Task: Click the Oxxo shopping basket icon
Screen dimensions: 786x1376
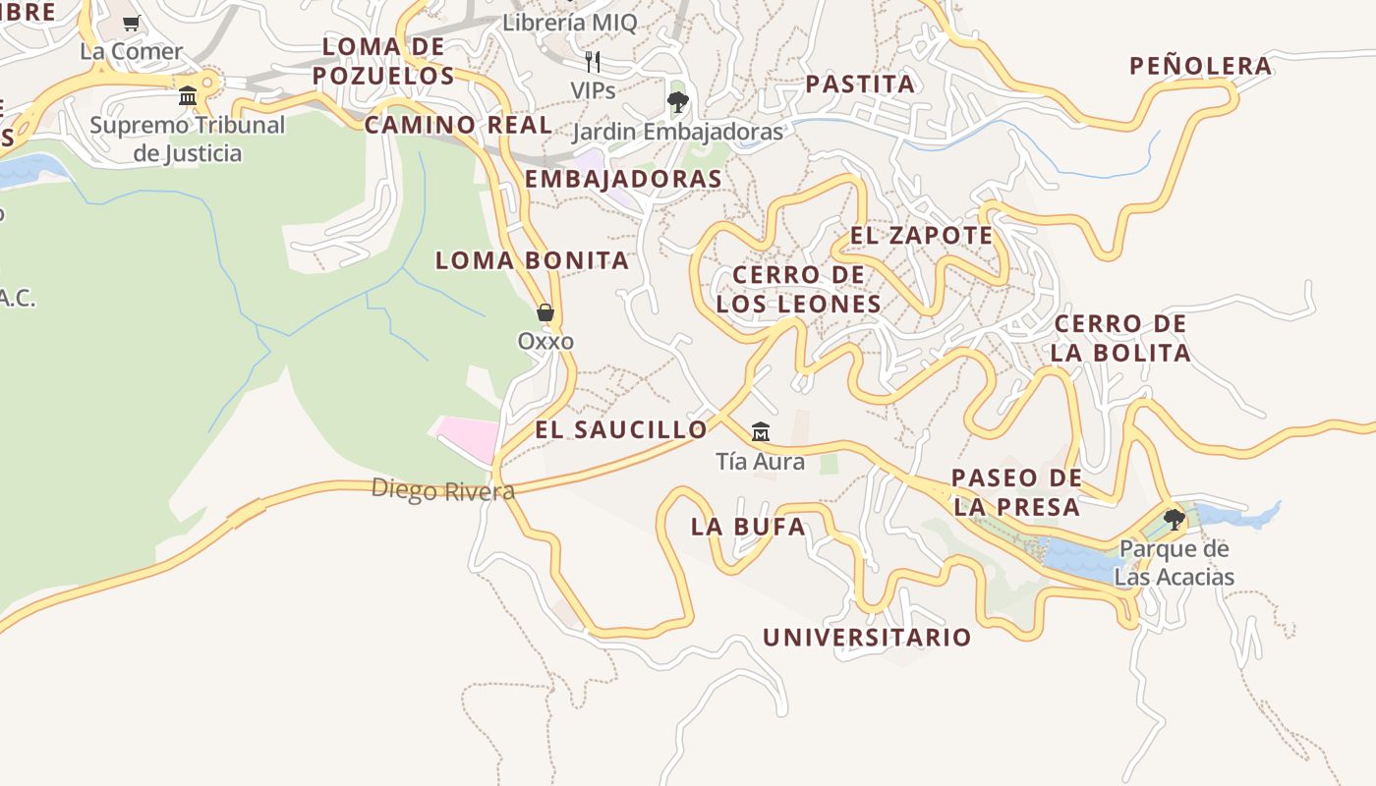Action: click(545, 313)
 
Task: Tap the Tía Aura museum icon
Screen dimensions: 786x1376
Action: click(760, 432)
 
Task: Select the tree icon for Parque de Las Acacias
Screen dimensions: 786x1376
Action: click(1174, 519)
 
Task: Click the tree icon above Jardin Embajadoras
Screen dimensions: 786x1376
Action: click(677, 101)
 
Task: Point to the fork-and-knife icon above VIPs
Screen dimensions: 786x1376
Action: click(593, 62)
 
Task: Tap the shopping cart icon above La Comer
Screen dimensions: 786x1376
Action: click(132, 23)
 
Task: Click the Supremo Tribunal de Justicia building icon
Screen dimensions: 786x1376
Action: click(188, 96)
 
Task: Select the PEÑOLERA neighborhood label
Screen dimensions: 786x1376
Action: click(1200, 67)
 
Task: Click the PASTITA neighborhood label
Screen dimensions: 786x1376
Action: click(860, 84)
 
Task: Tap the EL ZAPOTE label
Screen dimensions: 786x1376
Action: click(921, 236)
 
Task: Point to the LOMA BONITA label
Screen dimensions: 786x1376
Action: click(532, 260)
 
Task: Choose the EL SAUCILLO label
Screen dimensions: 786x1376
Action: click(620, 429)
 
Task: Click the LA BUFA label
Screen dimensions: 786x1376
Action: click(748, 527)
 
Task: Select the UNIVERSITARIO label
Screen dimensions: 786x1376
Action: click(867, 638)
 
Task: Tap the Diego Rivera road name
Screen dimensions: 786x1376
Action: click(442, 490)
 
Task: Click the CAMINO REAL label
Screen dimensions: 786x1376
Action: click(458, 126)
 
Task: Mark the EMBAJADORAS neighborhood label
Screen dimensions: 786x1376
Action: click(623, 179)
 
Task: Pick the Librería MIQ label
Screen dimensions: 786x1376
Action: click(569, 23)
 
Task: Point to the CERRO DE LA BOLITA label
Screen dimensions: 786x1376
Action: click(1120, 338)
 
